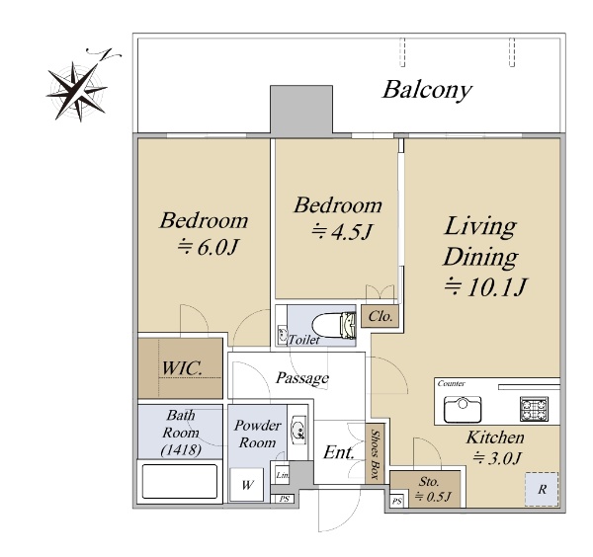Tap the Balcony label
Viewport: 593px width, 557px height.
(x=427, y=90)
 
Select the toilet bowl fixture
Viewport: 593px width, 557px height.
(x=334, y=325)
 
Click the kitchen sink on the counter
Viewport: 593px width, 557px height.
(x=463, y=409)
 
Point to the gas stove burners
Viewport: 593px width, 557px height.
(x=534, y=409)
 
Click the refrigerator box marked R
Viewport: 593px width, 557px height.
(x=542, y=490)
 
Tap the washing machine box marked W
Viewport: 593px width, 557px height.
(x=247, y=485)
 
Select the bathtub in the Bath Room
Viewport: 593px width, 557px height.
(x=180, y=481)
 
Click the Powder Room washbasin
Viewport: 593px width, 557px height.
(x=298, y=430)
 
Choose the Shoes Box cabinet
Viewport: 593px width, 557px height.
(x=375, y=453)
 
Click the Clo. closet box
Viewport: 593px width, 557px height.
(x=380, y=316)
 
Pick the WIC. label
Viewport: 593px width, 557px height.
(x=182, y=368)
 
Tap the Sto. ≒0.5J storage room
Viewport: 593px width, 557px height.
(x=425, y=489)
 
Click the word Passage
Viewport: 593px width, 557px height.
(x=302, y=378)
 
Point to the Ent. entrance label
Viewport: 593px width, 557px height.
(x=338, y=452)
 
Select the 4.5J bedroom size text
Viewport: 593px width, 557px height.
(x=342, y=232)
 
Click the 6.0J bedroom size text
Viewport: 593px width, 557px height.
(x=208, y=247)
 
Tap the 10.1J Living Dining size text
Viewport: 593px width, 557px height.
(x=486, y=286)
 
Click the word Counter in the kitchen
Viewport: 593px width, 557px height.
(x=452, y=383)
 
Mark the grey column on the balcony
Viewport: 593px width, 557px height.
(x=301, y=110)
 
